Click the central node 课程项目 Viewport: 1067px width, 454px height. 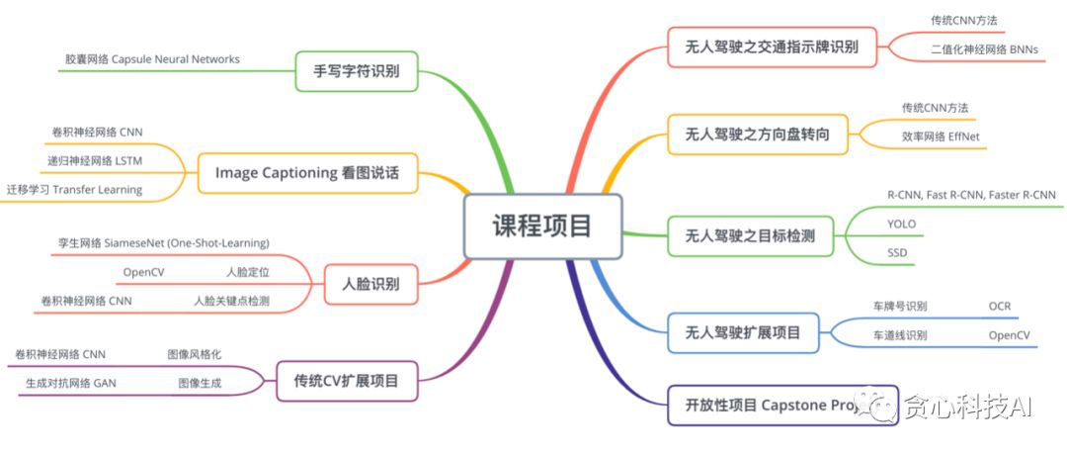tap(542, 227)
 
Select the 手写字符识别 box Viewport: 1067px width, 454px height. tap(357, 71)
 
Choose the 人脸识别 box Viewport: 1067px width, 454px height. tap(370, 284)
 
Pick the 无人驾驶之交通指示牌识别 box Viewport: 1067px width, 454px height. tap(772, 46)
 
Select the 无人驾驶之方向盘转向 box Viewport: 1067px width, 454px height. tap(758, 135)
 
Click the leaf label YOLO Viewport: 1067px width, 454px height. tap(903, 225)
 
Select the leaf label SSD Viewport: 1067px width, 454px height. tap(897, 253)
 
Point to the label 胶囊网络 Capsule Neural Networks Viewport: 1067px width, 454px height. tap(152, 59)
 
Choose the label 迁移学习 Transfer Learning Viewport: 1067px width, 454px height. tap(74, 189)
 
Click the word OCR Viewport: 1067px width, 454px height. tap(1000, 306)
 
